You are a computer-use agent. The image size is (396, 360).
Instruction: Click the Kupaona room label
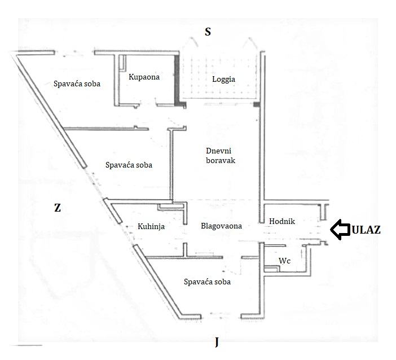click(x=144, y=77)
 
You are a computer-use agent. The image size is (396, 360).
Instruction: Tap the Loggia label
click(x=223, y=80)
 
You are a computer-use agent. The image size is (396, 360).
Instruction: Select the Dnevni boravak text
click(x=219, y=156)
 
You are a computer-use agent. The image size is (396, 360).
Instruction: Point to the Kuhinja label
click(x=151, y=227)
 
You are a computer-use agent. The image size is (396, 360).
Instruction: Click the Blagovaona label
click(x=221, y=226)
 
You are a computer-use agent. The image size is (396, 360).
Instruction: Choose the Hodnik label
click(x=282, y=222)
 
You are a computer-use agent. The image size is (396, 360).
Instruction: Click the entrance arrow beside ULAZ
click(x=340, y=230)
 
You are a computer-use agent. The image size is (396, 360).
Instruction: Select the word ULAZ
click(x=366, y=230)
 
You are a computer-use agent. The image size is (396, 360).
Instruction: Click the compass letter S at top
click(x=208, y=32)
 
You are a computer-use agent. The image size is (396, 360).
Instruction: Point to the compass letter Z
click(x=57, y=208)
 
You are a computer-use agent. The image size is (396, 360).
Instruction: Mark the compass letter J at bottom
click(x=216, y=342)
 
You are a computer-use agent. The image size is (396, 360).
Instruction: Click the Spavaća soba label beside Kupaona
click(x=77, y=84)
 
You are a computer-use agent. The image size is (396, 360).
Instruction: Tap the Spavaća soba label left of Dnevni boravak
click(x=129, y=165)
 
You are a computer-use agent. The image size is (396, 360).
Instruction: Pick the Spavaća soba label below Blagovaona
click(x=207, y=282)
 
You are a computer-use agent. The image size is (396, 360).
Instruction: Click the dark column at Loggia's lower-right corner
click(x=257, y=104)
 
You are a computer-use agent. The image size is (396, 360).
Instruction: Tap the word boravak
click(x=219, y=161)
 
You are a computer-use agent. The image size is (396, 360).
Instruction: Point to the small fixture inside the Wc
click(x=271, y=269)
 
